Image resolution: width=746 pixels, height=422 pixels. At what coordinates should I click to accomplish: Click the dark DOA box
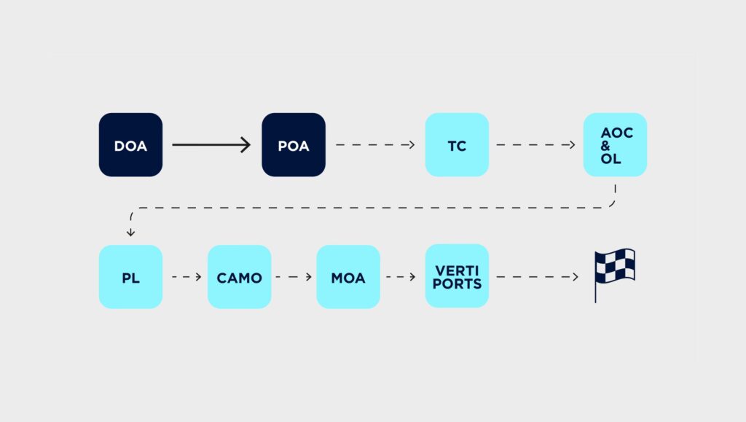(130, 145)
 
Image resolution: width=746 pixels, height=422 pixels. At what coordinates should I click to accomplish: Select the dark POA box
(294, 145)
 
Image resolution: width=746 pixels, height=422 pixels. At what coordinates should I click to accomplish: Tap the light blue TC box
(457, 145)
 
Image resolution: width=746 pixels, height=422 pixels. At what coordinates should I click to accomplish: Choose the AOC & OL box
(615, 145)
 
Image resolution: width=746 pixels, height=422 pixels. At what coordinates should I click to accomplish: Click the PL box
(130, 277)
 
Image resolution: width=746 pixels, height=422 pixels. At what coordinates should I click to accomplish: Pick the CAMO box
(239, 277)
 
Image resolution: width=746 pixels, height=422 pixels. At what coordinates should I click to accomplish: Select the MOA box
(348, 277)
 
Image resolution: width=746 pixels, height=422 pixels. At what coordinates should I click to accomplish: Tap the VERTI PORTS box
(457, 277)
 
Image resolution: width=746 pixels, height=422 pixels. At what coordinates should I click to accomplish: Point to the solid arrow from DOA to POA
(211, 145)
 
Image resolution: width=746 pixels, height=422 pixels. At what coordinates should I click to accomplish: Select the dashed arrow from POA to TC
(375, 145)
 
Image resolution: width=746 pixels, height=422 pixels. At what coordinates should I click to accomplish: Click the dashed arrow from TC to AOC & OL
(535, 145)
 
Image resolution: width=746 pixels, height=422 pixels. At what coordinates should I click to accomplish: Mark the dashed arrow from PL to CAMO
(186, 277)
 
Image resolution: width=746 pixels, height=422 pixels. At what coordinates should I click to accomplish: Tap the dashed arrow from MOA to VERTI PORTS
(402, 277)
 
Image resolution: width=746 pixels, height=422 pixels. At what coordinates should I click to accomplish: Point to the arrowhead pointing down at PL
(130, 233)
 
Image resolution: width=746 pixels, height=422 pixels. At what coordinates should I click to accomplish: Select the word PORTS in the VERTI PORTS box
(457, 284)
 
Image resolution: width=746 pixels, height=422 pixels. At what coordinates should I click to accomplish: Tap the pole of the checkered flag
(597, 288)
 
